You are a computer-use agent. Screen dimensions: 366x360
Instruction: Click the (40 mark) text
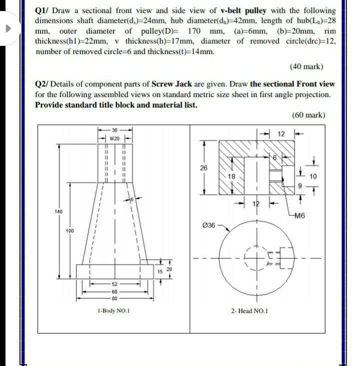tap(306, 66)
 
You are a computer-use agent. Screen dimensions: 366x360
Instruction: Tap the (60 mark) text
tap(308, 115)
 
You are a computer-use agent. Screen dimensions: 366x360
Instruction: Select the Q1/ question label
tap(43, 10)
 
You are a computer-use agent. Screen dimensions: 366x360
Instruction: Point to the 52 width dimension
tap(114, 283)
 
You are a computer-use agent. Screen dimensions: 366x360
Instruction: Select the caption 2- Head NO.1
tap(249, 311)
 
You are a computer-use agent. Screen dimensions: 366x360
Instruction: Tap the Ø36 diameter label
tap(208, 226)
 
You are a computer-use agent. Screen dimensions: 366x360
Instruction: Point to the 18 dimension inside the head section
tap(231, 177)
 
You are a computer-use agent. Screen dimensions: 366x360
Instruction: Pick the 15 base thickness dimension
tap(159, 271)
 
